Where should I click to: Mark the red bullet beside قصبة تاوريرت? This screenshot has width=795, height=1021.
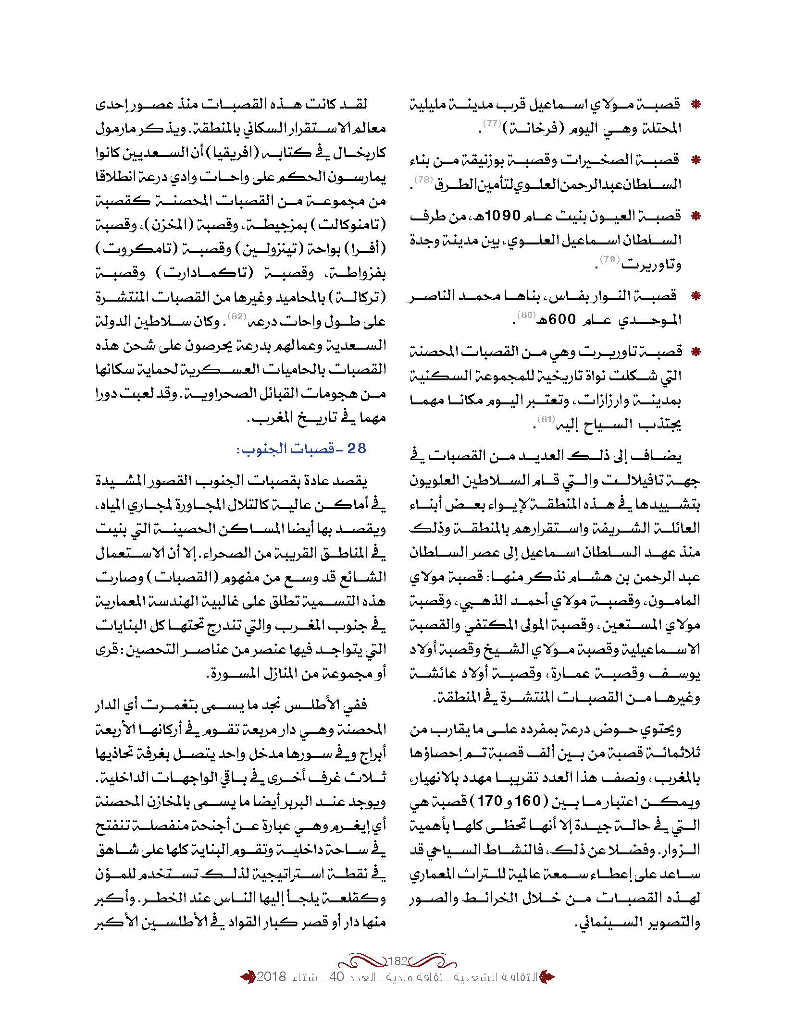[695, 352]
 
